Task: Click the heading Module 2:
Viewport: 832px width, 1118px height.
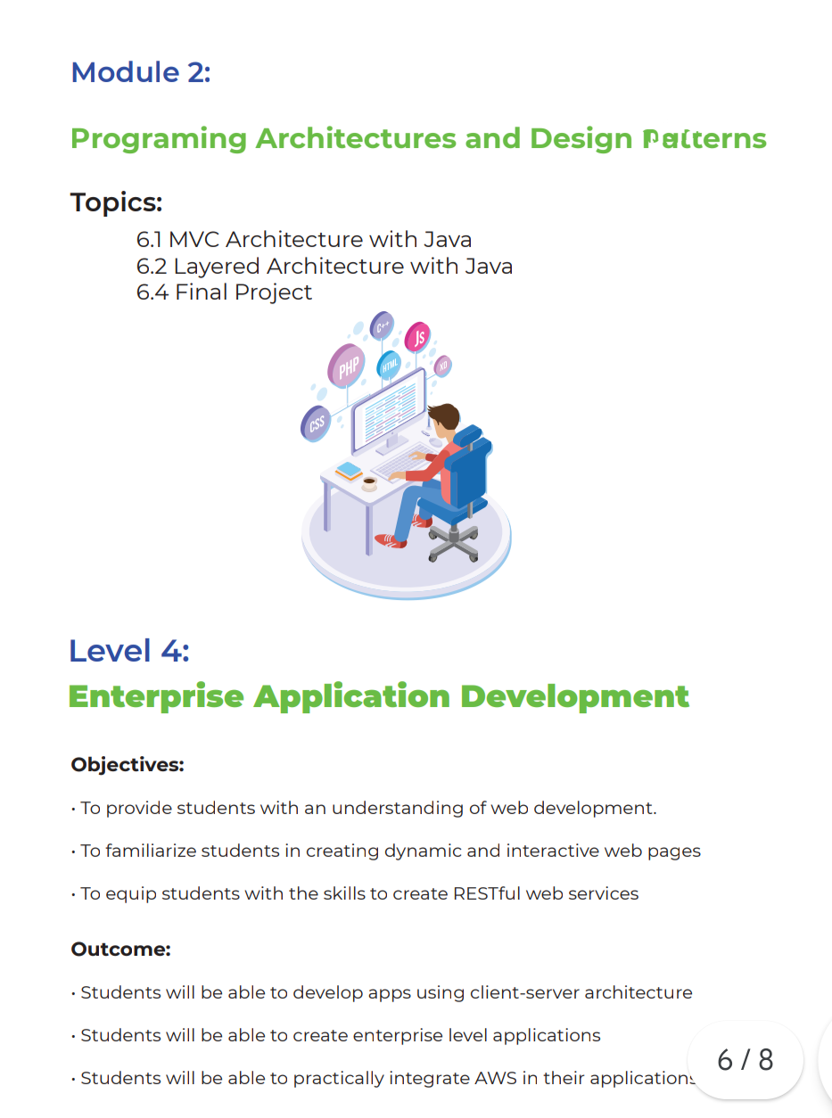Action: pos(141,72)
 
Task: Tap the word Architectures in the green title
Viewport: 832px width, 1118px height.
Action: pos(356,138)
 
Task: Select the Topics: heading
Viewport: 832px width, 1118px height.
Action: pos(117,202)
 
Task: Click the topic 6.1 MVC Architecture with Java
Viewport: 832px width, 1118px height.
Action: pos(304,240)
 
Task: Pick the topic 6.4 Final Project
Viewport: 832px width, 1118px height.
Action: pos(224,292)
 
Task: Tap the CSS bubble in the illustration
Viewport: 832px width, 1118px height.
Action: pos(316,423)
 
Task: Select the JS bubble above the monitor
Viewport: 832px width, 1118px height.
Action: pos(417,337)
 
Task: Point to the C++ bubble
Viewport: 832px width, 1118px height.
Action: pos(382,325)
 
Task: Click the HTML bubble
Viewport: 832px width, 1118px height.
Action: pos(389,365)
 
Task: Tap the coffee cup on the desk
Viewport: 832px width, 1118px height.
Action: pos(369,484)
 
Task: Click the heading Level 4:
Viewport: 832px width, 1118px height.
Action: pos(129,650)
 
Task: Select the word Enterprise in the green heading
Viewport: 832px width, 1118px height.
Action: pos(156,697)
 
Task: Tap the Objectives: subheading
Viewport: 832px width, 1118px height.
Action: pos(128,765)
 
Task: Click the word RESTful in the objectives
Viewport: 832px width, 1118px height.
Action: pos(487,893)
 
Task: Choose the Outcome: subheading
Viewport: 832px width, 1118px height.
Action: pos(121,949)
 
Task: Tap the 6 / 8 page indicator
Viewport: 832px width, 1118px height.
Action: pos(745,1059)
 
